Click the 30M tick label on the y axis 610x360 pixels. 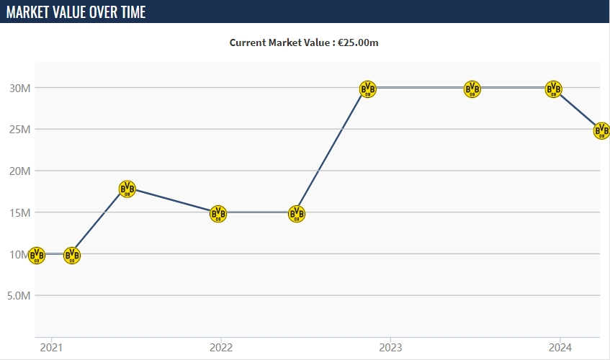[19, 88]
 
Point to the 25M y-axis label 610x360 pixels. [19, 130]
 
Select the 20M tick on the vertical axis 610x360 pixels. [19, 171]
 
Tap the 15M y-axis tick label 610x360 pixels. [19, 212]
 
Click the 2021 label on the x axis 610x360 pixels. [51, 347]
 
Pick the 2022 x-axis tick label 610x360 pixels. [220, 347]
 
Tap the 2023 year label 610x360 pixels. [390, 347]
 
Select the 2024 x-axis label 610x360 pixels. [560, 347]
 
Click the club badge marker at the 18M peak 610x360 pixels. [127, 189]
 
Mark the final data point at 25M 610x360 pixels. [601, 130]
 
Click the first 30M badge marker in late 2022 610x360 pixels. [367, 89]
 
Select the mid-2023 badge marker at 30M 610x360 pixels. [472, 89]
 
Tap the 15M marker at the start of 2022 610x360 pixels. [218, 213]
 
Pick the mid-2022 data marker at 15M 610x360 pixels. [297, 213]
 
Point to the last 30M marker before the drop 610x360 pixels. [553, 89]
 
